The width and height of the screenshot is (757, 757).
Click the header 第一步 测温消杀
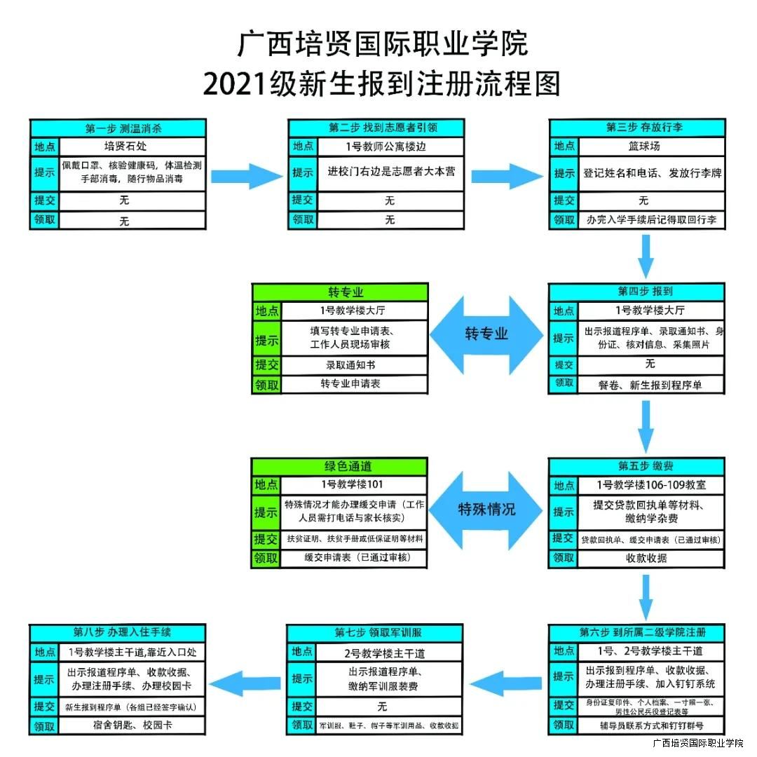(x=118, y=128)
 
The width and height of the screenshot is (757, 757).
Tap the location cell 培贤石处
(x=132, y=146)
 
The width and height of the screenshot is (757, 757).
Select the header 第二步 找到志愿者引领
(x=376, y=128)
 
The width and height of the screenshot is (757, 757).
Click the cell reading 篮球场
(x=643, y=146)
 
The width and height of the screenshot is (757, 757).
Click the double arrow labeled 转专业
(x=486, y=334)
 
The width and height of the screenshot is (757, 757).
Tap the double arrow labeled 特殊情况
(x=486, y=509)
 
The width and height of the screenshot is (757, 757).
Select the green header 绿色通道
(x=339, y=467)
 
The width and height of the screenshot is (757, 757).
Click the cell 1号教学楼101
(x=353, y=484)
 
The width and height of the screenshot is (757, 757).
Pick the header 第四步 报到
(x=636, y=292)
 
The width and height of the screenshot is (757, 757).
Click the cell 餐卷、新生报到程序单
(x=650, y=385)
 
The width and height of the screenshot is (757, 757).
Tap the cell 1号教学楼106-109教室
(x=650, y=484)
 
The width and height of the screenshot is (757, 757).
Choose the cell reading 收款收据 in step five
(x=646, y=559)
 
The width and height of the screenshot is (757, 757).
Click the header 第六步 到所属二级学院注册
(x=636, y=632)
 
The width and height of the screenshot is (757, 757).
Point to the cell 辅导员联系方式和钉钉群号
(x=650, y=725)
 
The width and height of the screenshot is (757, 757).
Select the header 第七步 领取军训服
(x=374, y=633)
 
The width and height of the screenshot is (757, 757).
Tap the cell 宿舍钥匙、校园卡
(x=132, y=725)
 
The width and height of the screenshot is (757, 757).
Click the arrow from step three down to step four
(x=646, y=257)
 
